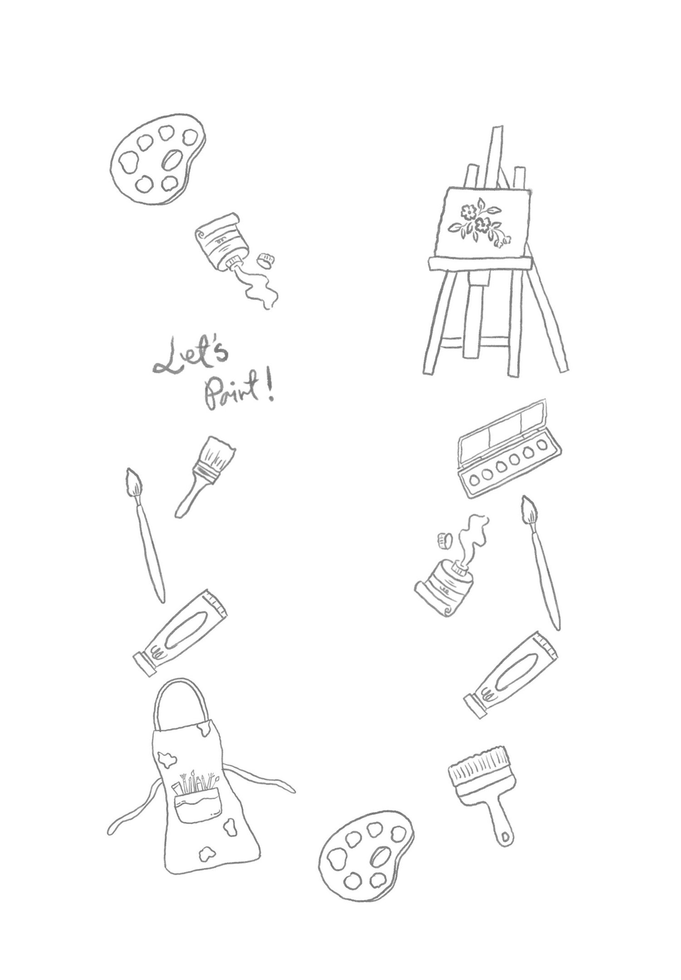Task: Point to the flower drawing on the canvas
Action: pyautogui.click(x=480, y=225)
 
